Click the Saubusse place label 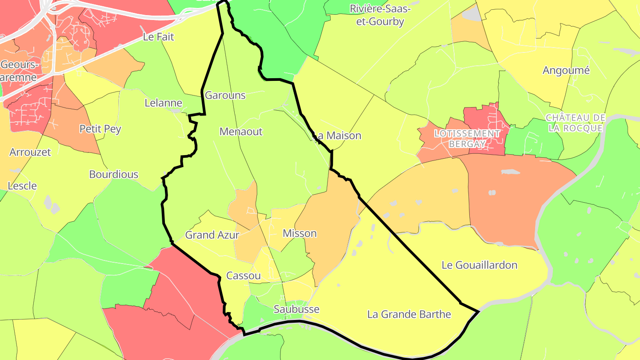coord(296,309)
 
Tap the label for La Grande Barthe coord(409,315)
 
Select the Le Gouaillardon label coord(480,265)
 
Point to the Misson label coord(300,233)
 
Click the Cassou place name coord(244,276)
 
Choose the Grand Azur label coord(212,235)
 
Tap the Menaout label coord(241,132)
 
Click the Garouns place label coord(225,95)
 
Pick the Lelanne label coord(164,103)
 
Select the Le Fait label coord(159,37)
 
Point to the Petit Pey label coord(100,129)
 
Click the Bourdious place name coord(114,174)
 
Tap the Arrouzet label coord(30,152)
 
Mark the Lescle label coord(22,186)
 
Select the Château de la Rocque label coord(576,123)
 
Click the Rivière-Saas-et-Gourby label coord(380,15)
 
